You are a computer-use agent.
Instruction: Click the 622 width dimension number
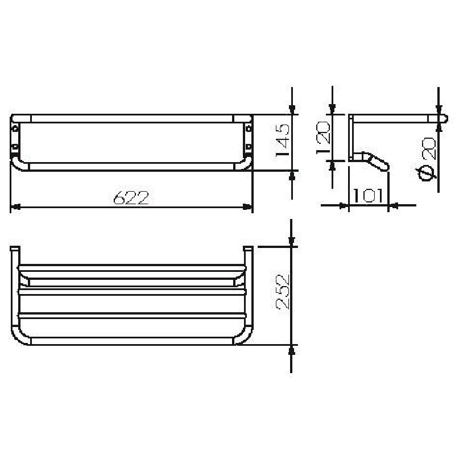click(131, 197)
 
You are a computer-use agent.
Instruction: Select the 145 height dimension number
click(282, 140)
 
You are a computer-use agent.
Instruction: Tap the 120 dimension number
click(323, 138)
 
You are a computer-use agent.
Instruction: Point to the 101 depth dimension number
click(368, 196)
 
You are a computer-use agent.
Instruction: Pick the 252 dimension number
click(282, 292)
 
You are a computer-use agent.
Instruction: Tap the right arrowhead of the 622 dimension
click(247, 207)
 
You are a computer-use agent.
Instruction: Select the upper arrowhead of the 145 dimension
click(292, 109)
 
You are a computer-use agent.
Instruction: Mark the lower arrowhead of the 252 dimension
click(292, 350)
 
